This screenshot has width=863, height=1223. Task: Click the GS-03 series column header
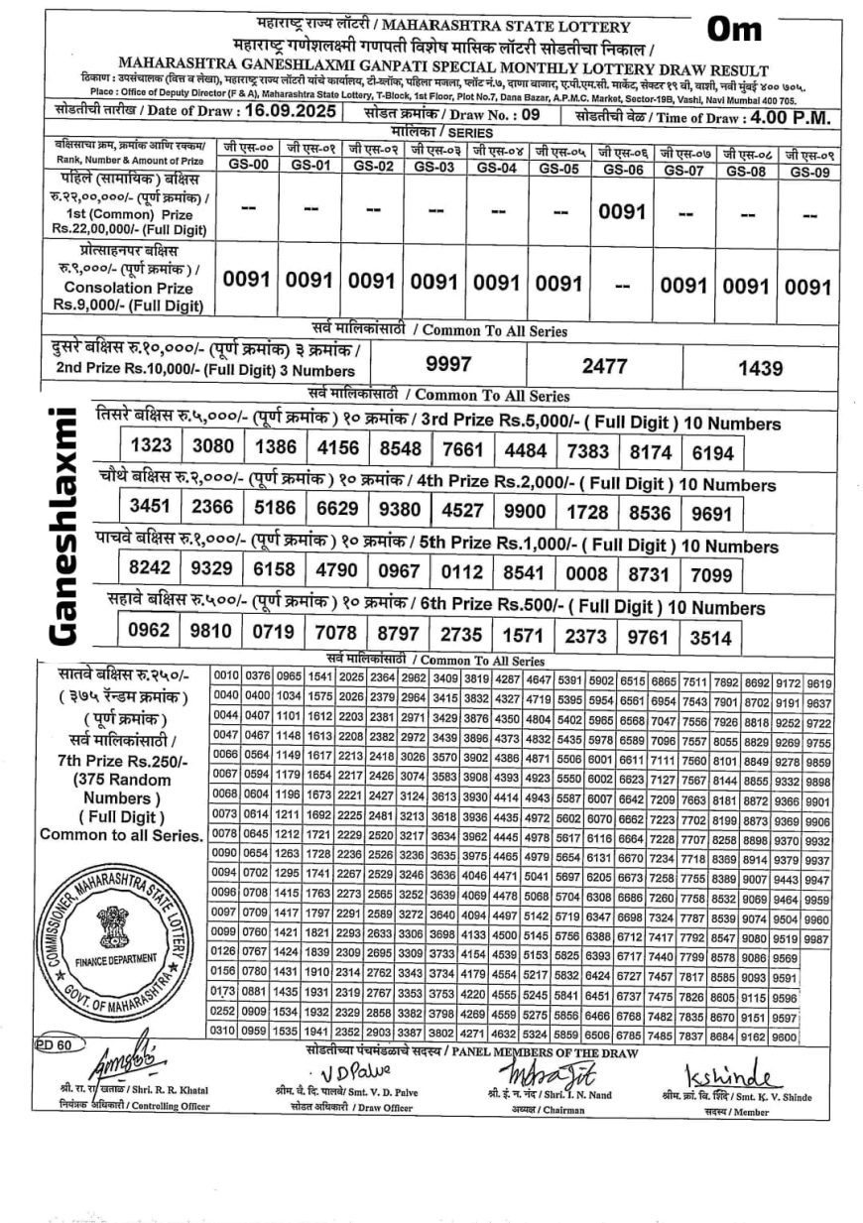point(433,168)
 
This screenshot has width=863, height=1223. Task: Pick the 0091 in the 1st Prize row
point(622,212)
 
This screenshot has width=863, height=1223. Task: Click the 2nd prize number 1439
point(761,368)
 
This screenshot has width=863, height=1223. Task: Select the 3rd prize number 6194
point(713,452)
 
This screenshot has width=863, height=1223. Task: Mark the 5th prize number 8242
point(151,569)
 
